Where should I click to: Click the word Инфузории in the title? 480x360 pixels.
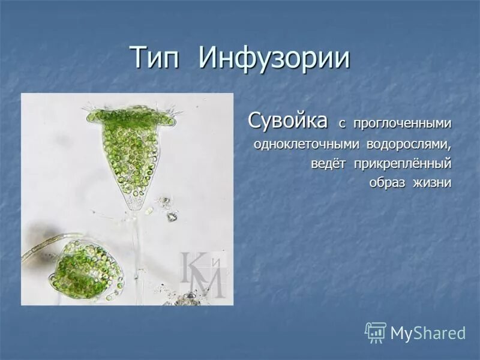(x=274, y=58)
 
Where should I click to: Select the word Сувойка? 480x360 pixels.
(x=288, y=121)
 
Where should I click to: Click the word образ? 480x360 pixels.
(x=387, y=183)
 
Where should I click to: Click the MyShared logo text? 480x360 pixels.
(x=428, y=333)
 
